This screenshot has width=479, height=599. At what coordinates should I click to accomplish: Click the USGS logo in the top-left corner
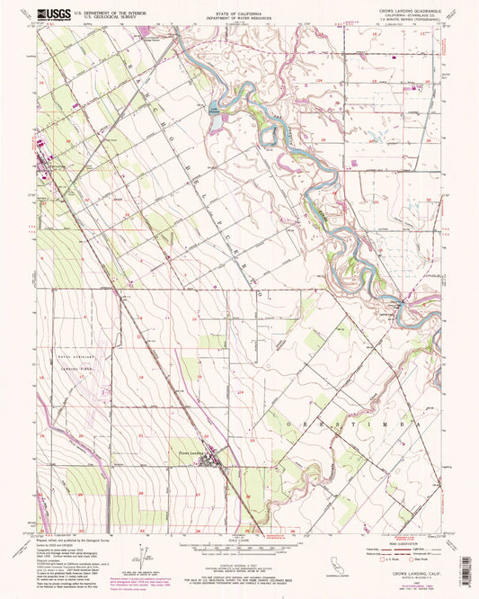(43, 15)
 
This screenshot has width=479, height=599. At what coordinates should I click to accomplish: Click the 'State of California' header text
(239, 13)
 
